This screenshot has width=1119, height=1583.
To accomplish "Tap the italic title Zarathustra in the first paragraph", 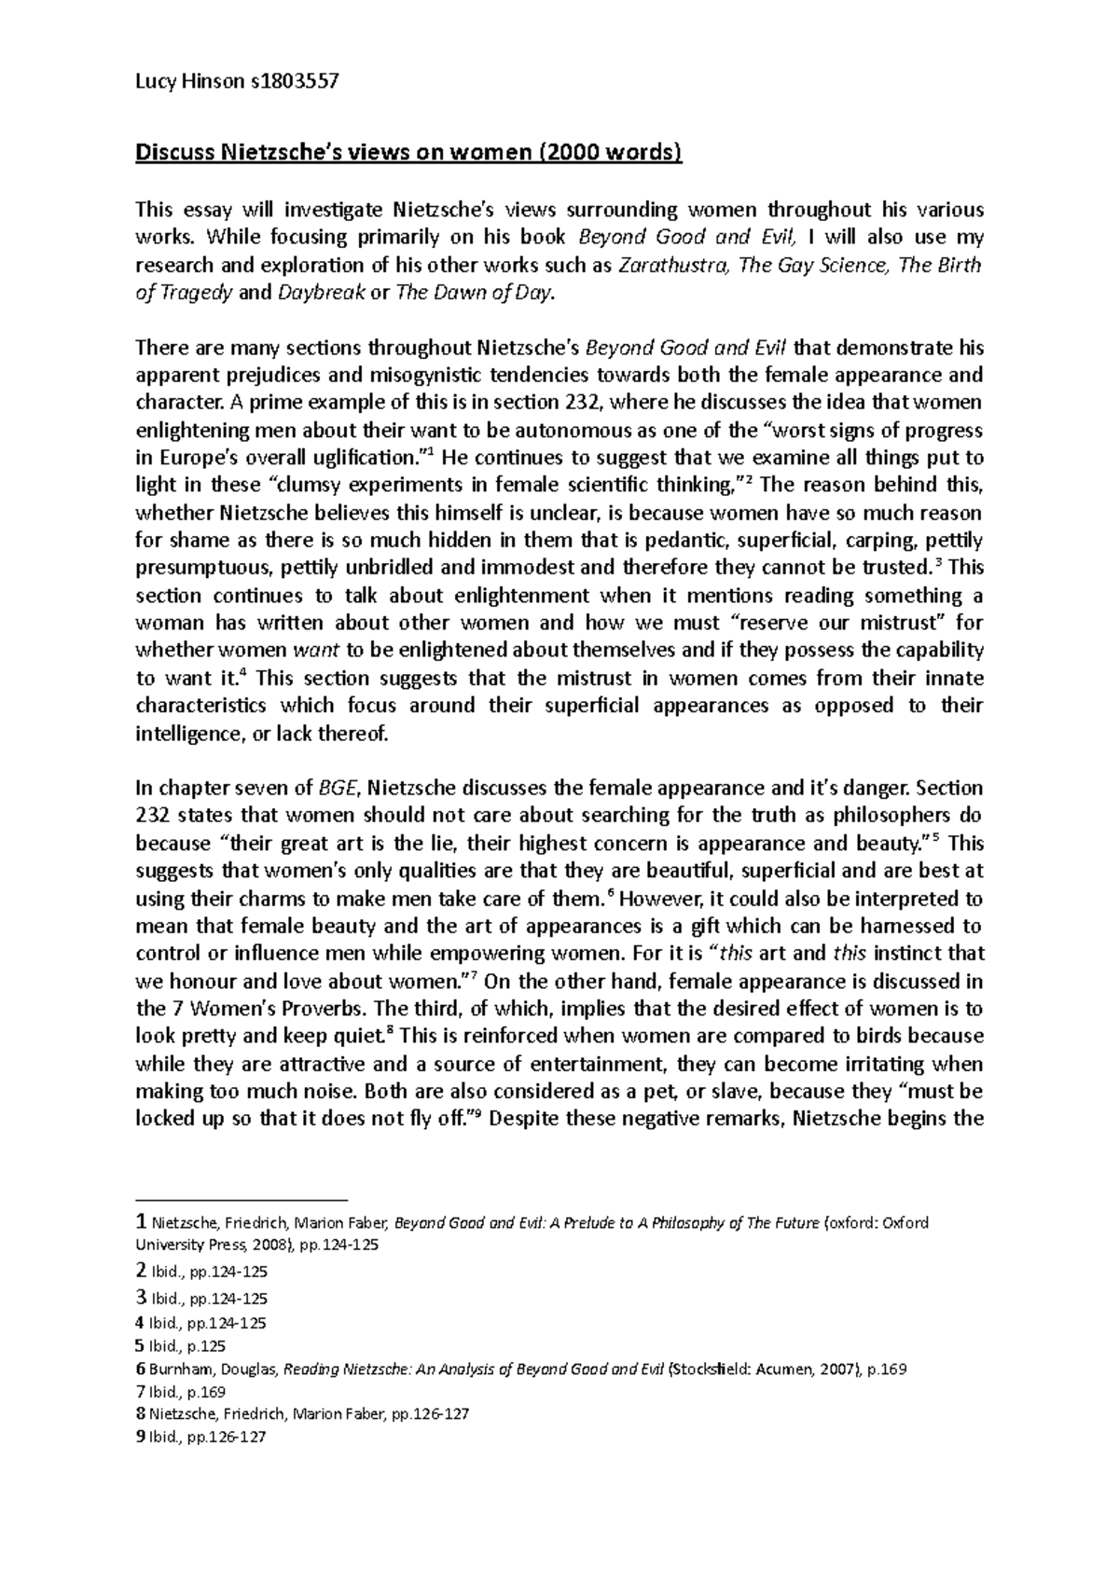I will (674, 266).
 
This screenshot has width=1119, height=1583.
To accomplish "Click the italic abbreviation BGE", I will (337, 788).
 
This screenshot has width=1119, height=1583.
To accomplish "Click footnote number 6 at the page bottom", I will (141, 1370).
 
